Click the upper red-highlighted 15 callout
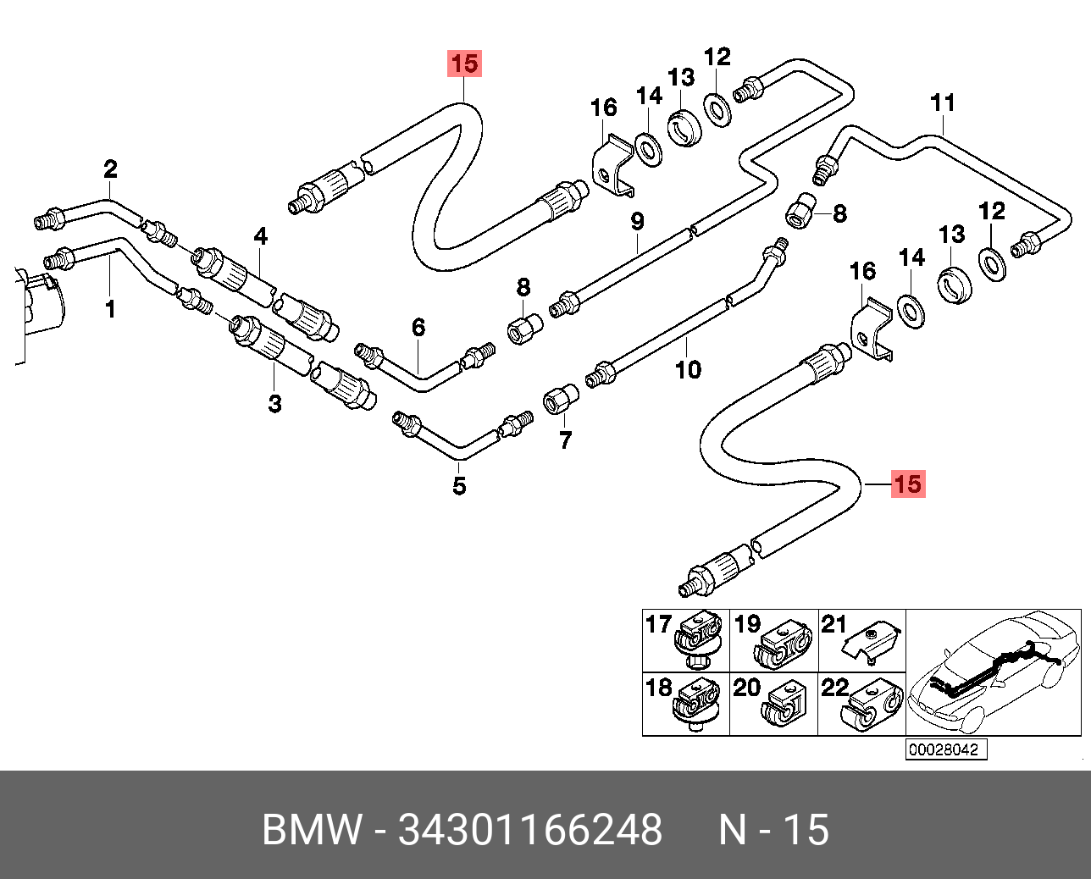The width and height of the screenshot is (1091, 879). coord(464,64)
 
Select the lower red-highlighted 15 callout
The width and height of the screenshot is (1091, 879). coord(909,484)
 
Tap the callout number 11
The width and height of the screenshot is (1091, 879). coord(943,102)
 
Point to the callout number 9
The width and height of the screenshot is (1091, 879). coord(637,222)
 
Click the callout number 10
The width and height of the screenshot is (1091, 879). coord(688,369)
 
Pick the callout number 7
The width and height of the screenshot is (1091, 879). coord(565,439)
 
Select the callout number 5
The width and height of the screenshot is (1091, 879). coord(459,485)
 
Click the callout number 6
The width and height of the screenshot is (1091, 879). coord(418,328)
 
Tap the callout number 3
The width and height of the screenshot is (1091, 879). coord(274,403)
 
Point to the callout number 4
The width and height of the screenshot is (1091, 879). coord(260,236)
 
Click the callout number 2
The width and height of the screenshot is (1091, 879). coord(110,169)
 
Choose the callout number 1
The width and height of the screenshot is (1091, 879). coord(110,309)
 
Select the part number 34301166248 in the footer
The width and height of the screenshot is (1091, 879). coord(529,829)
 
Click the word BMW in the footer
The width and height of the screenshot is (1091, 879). coord(312,829)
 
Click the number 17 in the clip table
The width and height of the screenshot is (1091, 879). coord(659,624)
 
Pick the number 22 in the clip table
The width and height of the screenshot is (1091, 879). coord(835,688)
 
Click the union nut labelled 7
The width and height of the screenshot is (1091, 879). coord(560,399)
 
